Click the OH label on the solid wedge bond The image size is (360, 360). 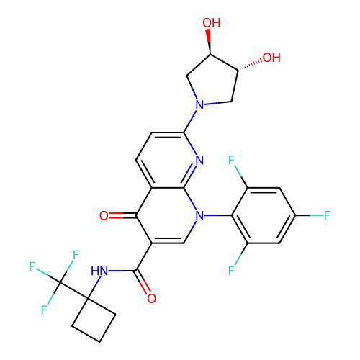pyautogui.click(x=211, y=23)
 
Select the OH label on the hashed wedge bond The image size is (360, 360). pyautogui.click(x=271, y=58)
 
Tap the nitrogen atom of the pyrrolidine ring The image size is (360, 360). pyautogui.click(x=199, y=105)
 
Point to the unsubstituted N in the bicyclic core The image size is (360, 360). pyautogui.click(x=199, y=160)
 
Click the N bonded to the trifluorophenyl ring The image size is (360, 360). pyautogui.click(x=199, y=215)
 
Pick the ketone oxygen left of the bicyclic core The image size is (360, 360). pyautogui.click(x=104, y=215)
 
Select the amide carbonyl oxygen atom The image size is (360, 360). pyautogui.click(x=152, y=298)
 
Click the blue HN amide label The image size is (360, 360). pyautogui.click(x=99, y=271)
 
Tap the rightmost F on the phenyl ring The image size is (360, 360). pyautogui.click(x=327, y=215)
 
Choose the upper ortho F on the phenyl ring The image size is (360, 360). pyautogui.click(x=231, y=160)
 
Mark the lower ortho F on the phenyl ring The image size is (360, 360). pyautogui.click(x=231, y=271)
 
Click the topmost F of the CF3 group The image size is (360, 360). pyautogui.click(x=76, y=255)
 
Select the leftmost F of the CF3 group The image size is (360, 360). pyautogui.click(x=32, y=266)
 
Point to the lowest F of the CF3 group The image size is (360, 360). pyautogui.click(x=44, y=310)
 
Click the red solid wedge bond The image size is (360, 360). pyautogui.click(x=209, y=42)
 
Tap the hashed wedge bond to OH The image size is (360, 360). pyautogui.click(x=250, y=65)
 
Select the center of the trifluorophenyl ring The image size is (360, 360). pyautogui.click(x=264, y=215)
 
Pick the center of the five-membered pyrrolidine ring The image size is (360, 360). pyautogui.click(x=212, y=83)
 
